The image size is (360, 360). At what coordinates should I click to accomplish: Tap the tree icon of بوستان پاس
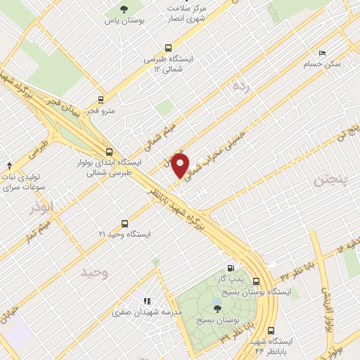click(124, 9)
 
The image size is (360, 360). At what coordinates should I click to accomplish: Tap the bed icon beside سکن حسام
click(322, 53)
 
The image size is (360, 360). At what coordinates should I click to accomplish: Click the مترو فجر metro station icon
click(101, 100)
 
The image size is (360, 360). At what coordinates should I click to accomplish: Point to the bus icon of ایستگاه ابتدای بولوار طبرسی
click(108, 151)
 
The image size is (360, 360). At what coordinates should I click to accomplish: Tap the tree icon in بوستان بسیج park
click(217, 306)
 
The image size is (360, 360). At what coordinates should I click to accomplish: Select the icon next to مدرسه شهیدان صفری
click(148, 300)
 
